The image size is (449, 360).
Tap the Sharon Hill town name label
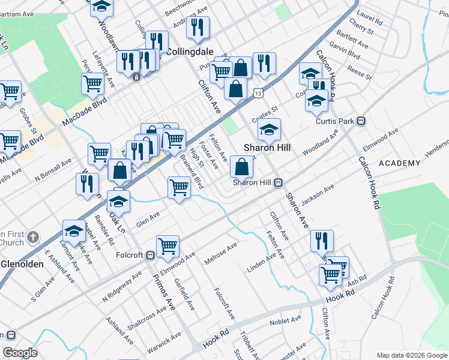click(267, 148)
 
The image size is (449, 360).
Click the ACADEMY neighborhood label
click(399, 163)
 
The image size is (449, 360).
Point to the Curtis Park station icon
click(361, 121)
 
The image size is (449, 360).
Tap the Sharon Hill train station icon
click(279, 182)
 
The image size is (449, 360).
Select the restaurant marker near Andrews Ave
click(197, 27)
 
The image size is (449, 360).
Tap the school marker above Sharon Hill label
click(270, 128)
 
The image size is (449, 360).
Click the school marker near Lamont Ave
click(74, 231)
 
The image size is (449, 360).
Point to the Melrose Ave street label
click(220, 251)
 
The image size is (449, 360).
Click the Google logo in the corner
click(20, 353)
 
